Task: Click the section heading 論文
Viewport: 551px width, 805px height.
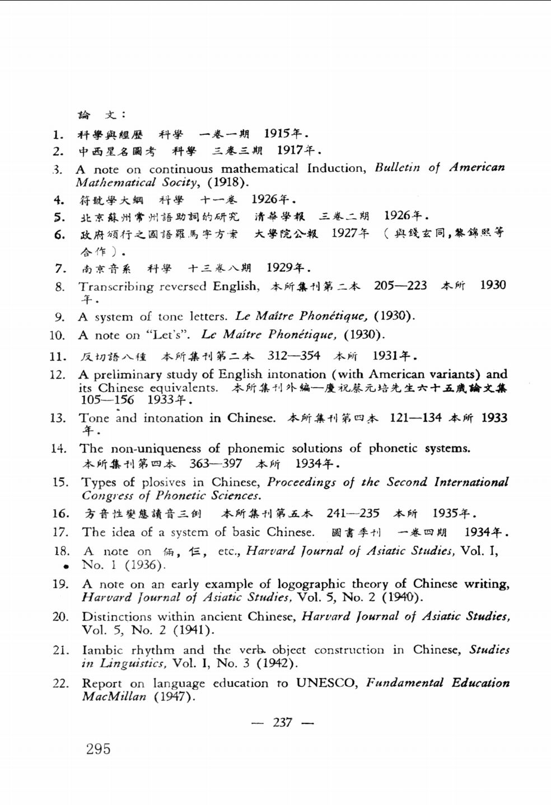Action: (x=97, y=115)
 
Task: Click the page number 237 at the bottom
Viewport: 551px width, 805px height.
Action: (x=283, y=722)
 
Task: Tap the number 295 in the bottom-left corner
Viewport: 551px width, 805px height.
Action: (x=99, y=749)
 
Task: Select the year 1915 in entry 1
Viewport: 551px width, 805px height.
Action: (x=277, y=133)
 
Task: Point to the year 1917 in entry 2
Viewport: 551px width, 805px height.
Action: (x=289, y=150)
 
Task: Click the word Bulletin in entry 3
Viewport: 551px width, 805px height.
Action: (x=397, y=167)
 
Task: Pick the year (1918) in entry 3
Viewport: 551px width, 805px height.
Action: (x=228, y=182)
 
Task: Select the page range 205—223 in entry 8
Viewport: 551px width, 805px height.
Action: (x=400, y=285)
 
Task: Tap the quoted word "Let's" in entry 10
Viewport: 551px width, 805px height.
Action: (x=168, y=335)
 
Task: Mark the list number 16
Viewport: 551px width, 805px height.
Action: (x=60, y=514)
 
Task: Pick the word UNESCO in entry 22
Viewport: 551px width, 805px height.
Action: (x=326, y=683)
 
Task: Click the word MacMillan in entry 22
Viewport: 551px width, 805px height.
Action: (x=114, y=697)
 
